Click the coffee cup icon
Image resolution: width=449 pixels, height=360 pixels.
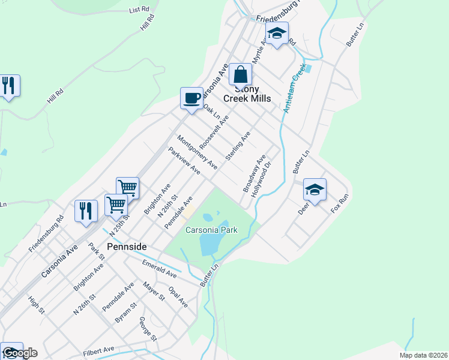(191, 98)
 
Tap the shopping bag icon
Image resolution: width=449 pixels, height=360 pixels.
(240, 75)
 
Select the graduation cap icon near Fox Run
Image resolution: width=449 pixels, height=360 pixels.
(315, 190)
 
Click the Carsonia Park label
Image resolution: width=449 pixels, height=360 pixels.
(211, 230)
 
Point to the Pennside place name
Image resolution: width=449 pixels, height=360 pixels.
(127, 247)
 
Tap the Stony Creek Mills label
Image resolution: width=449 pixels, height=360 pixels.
(247, 94)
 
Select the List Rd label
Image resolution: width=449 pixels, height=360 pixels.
(139, 10)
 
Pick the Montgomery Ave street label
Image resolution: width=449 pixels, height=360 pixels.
(197, 151)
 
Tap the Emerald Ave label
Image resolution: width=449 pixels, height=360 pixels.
(159, 268)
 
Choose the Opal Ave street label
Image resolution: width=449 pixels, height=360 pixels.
(178, 297)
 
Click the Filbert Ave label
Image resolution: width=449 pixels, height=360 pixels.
(100, 349)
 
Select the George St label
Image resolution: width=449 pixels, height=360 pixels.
(148, 329)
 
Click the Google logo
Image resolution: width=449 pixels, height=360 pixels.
(19, 353)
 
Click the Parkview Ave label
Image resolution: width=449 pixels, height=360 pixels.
(184, 161)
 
